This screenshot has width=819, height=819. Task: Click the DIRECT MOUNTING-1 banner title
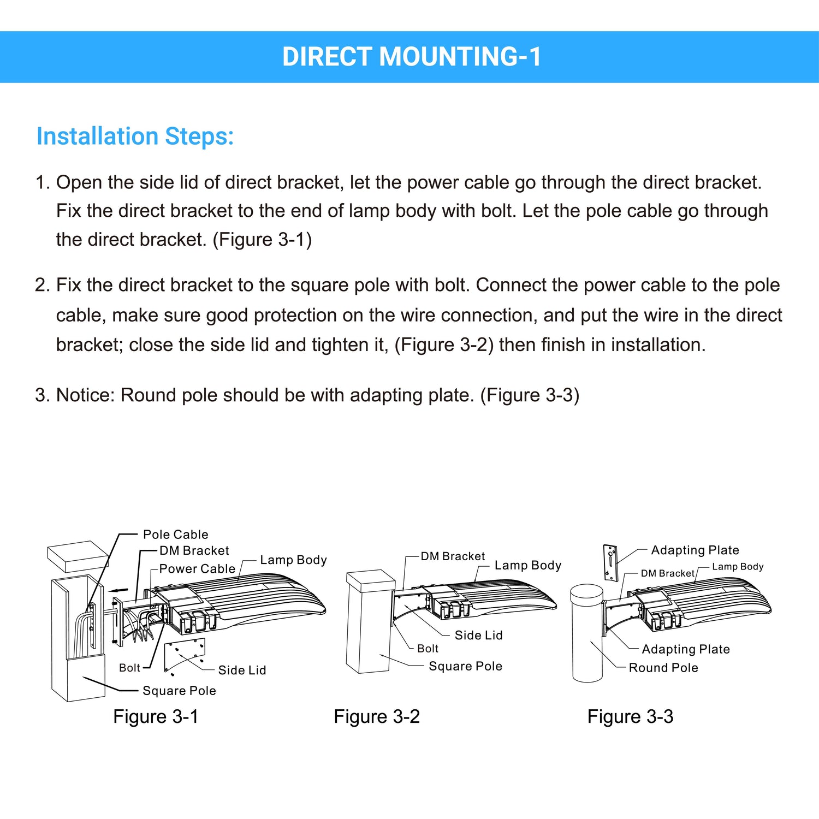pyautogui.click(x=411, y=57)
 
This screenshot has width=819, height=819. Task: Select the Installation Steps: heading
pyautogui.click(x=135, y=136)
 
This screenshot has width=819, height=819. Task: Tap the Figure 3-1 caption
pyautogui.click(x=156, y=716)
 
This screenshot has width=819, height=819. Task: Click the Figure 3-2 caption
pyautogui.click(x=377, y=716)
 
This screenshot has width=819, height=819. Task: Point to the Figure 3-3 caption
pyautogui.click(x=630, y=716)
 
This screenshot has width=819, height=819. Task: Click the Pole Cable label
pyautogui.click(x=175, y=535)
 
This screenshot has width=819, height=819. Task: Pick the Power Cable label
pyautogui.click(x=197, y=569)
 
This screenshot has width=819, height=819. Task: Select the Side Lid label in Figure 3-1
pyautogui.click(x=242, y=670)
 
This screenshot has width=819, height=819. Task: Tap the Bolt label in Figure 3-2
pyautogui.click(x=428, y=649)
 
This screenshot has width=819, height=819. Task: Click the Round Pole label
pyautogui.click(x=663, y=668)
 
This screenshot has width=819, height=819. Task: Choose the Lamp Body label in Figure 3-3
pyautogui.click(x=737, y=567)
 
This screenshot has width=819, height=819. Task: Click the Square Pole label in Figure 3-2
pyautogui.click(x=465, y=666)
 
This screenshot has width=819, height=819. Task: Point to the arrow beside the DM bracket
pyautogui.click(x=119, y=590)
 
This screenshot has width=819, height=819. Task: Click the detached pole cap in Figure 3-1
pyautogui.click(x=78, y=556)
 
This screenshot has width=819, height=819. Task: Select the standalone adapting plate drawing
pyautogui.click(x=610, y=562)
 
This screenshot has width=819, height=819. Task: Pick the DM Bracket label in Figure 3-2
pyautogui.click(x=453, y=556)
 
